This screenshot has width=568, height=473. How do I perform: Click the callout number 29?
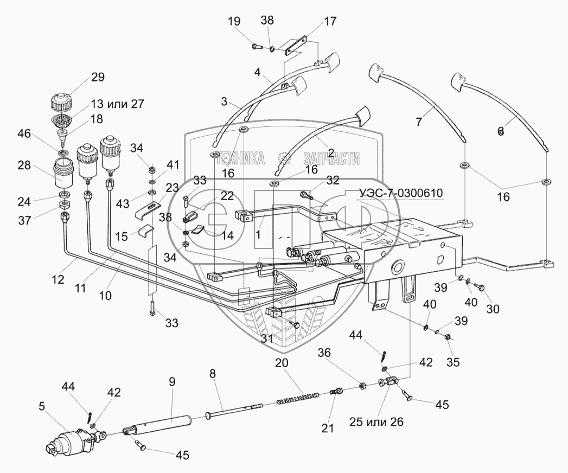click(98, 76)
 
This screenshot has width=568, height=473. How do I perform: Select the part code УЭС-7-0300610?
click(401, 193)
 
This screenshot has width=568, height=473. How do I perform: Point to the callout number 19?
click(234, 22)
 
